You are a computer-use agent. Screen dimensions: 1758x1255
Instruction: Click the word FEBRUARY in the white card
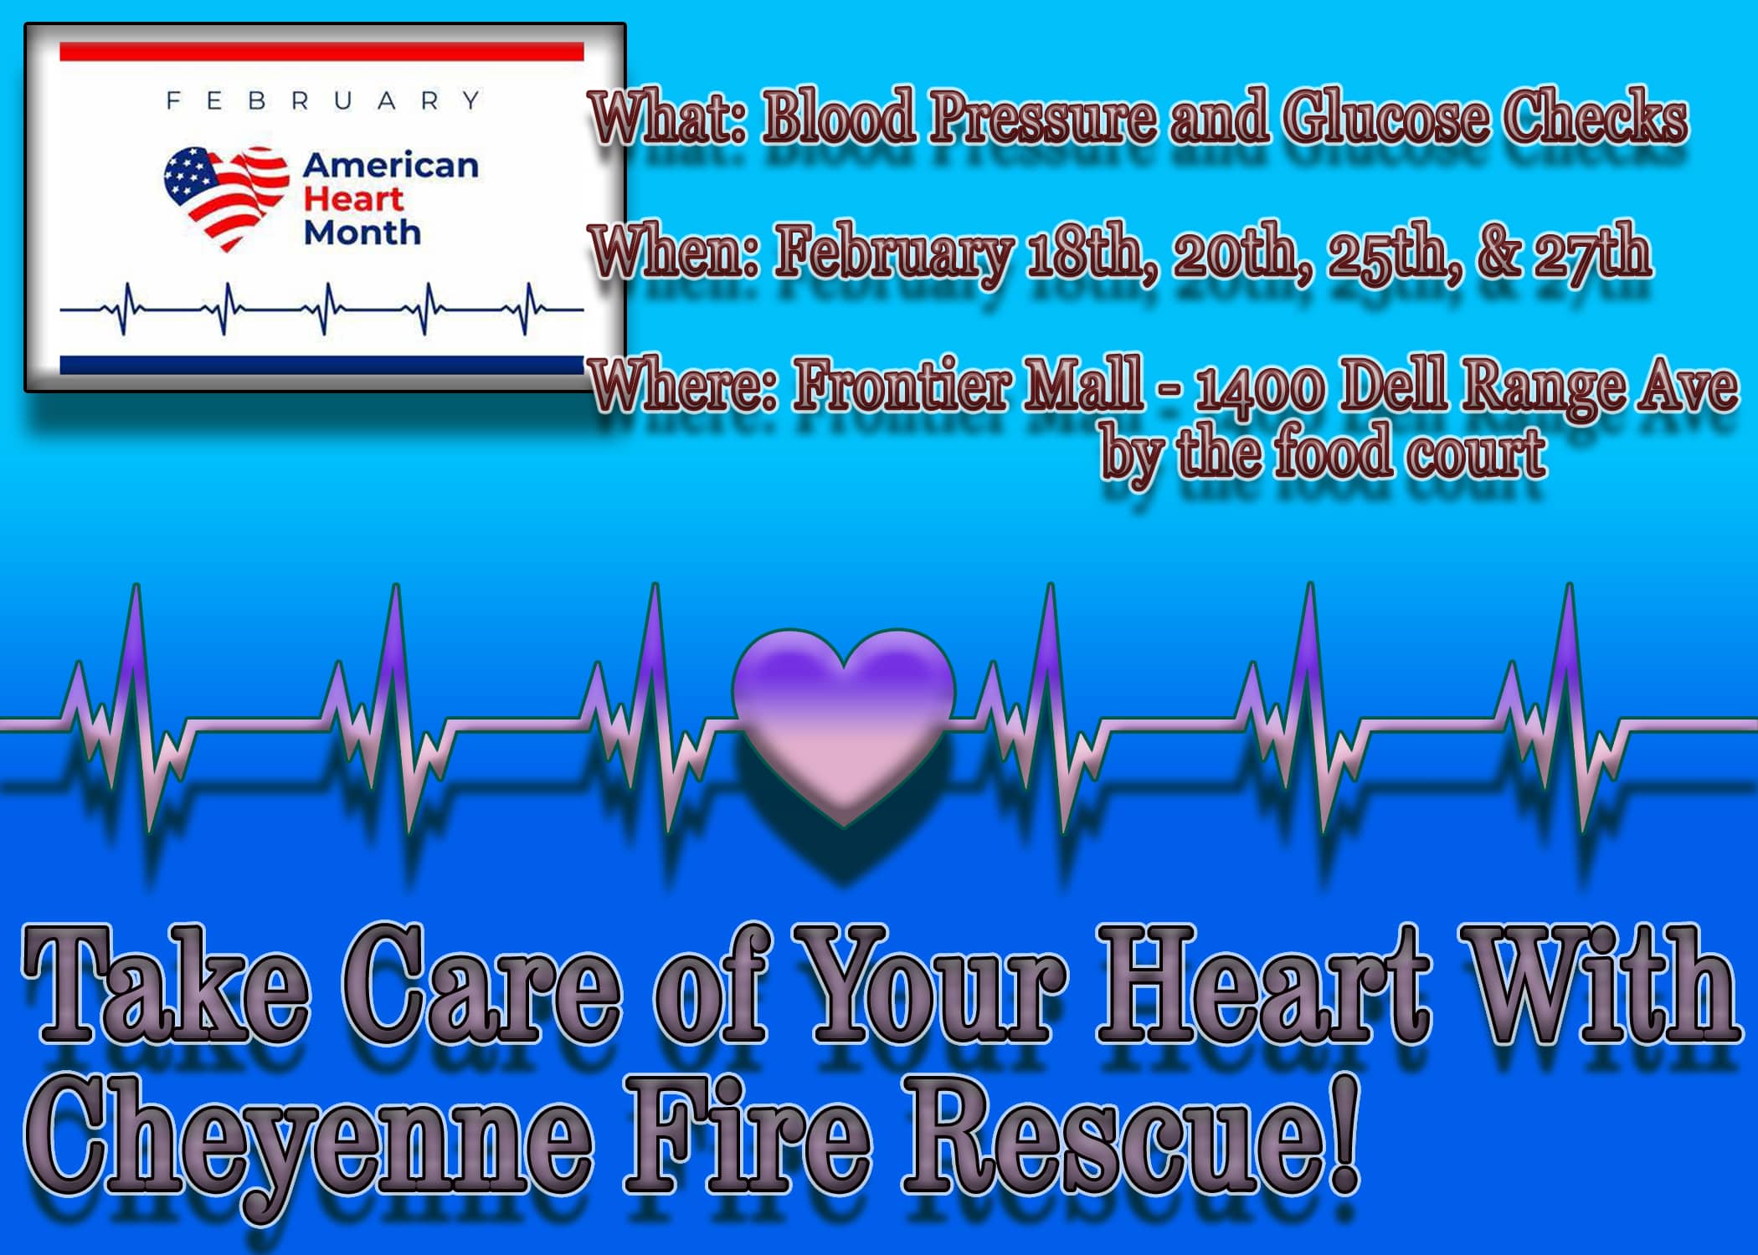[x=323, y=101]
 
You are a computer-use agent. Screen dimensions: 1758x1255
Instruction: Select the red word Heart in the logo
[x=352, y=199]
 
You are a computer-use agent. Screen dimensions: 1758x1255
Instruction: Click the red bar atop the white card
[x=321, y=51]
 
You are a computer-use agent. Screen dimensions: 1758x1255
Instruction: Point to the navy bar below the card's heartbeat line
[x=321, y=365]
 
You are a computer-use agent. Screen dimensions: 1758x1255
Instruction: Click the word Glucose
[x=1385, y=118]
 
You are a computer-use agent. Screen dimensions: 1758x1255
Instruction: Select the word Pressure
[x=1042, y=118]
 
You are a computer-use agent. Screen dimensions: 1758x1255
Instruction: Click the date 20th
[x=1234, y=254]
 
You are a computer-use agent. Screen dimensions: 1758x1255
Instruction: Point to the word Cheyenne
[x=311, y=1135]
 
